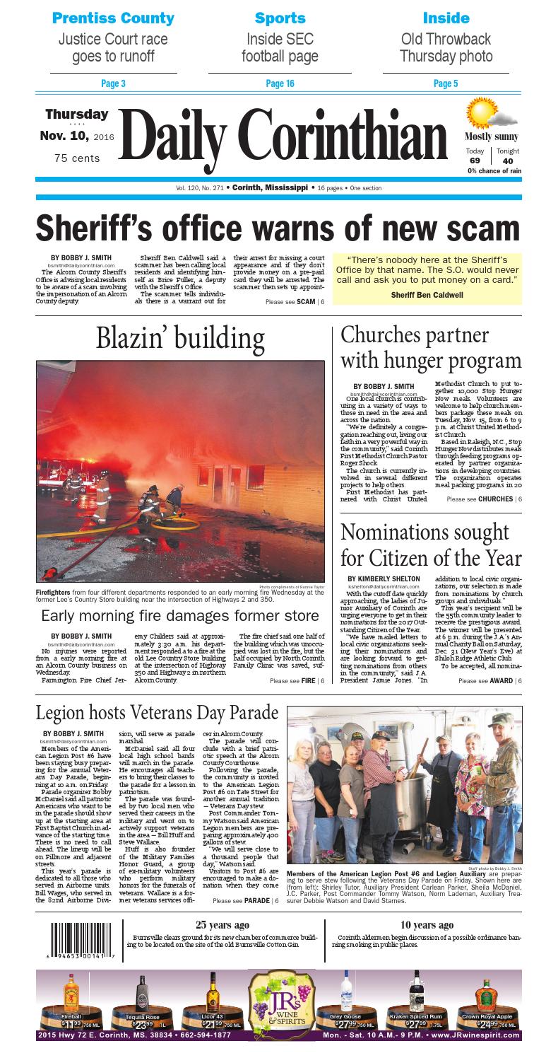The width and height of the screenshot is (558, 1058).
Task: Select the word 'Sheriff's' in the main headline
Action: coord(105,228)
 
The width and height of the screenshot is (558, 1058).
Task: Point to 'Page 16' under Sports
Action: coord(280,84)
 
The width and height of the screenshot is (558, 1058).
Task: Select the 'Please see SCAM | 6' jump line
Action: coord(295,302)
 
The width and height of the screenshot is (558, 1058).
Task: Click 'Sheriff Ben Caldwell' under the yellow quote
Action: coord(427,294)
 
